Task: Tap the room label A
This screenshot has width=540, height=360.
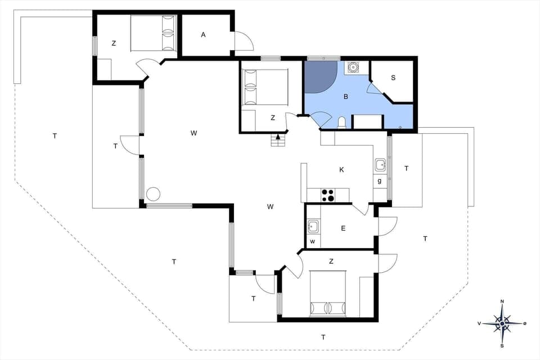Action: [204, 35]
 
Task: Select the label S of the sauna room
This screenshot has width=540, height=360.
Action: [393, 78]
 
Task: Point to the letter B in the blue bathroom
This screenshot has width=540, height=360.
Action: [346, 97]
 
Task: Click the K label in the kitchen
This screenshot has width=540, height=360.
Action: [341, 170]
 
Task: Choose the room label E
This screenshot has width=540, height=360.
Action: [343, 228]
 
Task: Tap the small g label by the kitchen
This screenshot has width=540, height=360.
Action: [380, 181]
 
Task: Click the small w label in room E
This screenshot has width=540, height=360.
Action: [313, 242]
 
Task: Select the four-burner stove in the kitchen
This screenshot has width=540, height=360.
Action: [327, 195]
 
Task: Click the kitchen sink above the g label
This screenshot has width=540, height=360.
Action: [380, 165]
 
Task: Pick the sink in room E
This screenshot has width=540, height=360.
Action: [313, 227]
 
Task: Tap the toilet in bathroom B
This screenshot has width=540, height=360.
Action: [342, 122]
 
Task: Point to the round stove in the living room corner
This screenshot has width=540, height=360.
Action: [153, 194]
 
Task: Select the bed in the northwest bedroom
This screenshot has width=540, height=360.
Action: [154, 34]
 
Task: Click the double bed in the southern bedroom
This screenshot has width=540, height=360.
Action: [328, 294]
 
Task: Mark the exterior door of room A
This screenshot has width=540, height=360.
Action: [243, 40]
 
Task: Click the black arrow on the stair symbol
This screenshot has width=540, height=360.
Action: [278, 136]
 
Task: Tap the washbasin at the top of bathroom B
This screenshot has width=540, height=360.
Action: [353, 67]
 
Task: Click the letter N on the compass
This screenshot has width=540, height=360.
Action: [502, 301]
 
